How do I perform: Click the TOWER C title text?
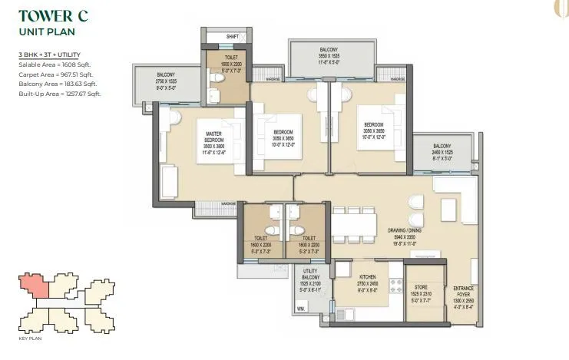click(x=53, y=17)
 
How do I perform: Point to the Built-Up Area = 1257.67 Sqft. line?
click(x=60, y=94)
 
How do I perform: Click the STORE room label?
click(x=421, y=283)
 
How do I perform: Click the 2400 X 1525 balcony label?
click(x=442, y=154)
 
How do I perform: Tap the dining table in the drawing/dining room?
click(x=353, y=224)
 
